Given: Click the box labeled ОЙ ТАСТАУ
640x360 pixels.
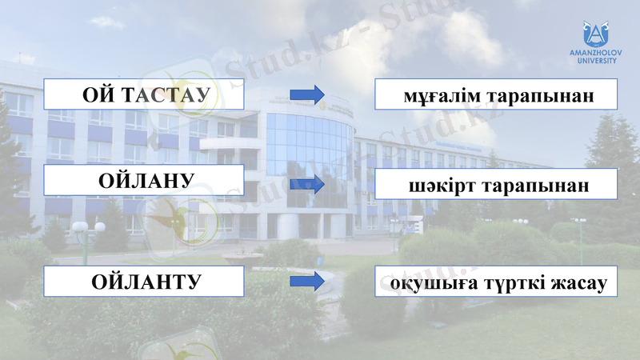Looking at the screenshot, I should (144, 94).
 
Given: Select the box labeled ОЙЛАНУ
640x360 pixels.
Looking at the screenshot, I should (144, 181).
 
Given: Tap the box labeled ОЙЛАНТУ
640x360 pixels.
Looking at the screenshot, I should (144, 282).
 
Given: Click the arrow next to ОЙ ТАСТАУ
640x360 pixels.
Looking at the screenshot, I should (306, 94).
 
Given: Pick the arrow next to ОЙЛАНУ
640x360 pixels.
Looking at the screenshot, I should (306, 184).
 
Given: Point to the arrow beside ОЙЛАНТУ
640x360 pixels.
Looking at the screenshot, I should (306, 282).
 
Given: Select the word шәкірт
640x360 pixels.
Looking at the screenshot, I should (439, 186).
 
